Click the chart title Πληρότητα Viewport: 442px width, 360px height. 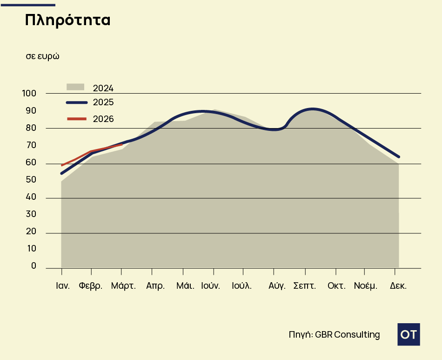point(67,20)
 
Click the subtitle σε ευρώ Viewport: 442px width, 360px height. point(42,56)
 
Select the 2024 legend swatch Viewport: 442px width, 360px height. point(75,87)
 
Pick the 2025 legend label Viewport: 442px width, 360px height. point(103,102)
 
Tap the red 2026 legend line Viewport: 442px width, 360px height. point(77,119)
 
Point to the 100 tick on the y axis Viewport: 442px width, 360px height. point(29,94)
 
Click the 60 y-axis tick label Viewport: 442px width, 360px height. point(31,163)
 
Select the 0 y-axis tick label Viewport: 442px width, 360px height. point(33,266)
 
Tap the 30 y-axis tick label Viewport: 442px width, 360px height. point(31,214)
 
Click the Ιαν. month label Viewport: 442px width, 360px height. point(63,286)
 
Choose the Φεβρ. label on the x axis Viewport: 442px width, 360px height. point(91,286)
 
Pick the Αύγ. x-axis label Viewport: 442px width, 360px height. point(277,286)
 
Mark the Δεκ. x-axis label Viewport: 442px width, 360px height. point(398,286)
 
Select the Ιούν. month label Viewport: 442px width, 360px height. point(210,286)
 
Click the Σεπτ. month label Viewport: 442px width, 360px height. point(305,286)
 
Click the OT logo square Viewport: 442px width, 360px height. point(409,334)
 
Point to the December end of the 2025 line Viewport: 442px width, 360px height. point(399,157)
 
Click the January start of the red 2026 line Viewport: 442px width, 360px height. point(62,165)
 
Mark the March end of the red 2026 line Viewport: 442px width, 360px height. point(121,145)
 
